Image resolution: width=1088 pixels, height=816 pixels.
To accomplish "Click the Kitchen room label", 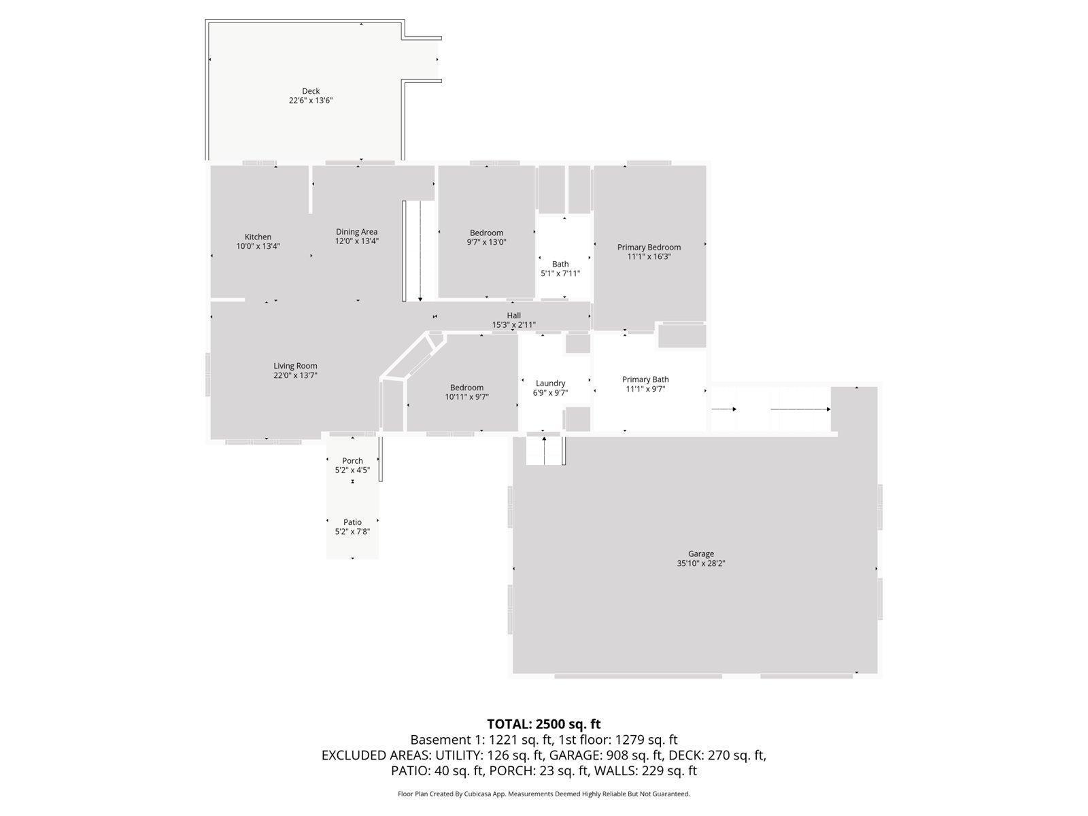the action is [x=258, y=237].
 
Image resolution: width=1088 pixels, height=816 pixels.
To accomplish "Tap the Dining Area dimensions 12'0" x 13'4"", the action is [x=357, y=241].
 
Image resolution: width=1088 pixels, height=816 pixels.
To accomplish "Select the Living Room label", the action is [x=295, y=366].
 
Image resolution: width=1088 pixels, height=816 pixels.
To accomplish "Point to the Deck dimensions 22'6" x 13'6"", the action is [x=311, y=101].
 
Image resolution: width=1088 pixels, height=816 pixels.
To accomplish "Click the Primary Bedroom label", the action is [x=649, y=248].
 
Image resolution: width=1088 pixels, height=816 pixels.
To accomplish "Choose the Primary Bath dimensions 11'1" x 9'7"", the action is [x=645, y=389].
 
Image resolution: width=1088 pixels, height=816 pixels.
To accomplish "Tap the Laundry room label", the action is [x=550, y=384].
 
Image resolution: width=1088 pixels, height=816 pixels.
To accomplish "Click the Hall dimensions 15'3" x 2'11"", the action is [x=514, y=325].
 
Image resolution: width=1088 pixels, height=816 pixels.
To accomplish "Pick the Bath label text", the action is [x=560, y=264].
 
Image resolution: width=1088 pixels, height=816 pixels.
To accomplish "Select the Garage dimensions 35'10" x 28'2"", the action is [x=701, y=563].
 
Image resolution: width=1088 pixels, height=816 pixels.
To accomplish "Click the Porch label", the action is [x=352, y=461].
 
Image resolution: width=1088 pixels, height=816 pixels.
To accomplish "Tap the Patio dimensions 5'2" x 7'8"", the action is [x=352, y=532].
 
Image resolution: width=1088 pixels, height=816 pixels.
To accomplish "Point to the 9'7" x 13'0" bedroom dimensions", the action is [x=486, y=242].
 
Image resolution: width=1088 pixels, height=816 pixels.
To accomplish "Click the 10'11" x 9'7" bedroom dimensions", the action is [x=467, y=397].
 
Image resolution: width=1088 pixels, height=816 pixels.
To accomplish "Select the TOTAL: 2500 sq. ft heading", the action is [x=544, y=724].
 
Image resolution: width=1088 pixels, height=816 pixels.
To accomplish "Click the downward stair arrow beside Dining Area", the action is [x=420, y=251].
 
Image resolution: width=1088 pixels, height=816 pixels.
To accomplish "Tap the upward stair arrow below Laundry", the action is [x=544, y=451].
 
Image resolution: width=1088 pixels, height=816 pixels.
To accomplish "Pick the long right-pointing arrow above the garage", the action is [x=800, y=409].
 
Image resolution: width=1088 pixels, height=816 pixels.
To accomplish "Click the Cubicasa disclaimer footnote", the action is [x=544, y=794].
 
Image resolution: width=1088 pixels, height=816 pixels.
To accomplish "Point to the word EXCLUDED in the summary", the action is [x=352, y=755].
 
